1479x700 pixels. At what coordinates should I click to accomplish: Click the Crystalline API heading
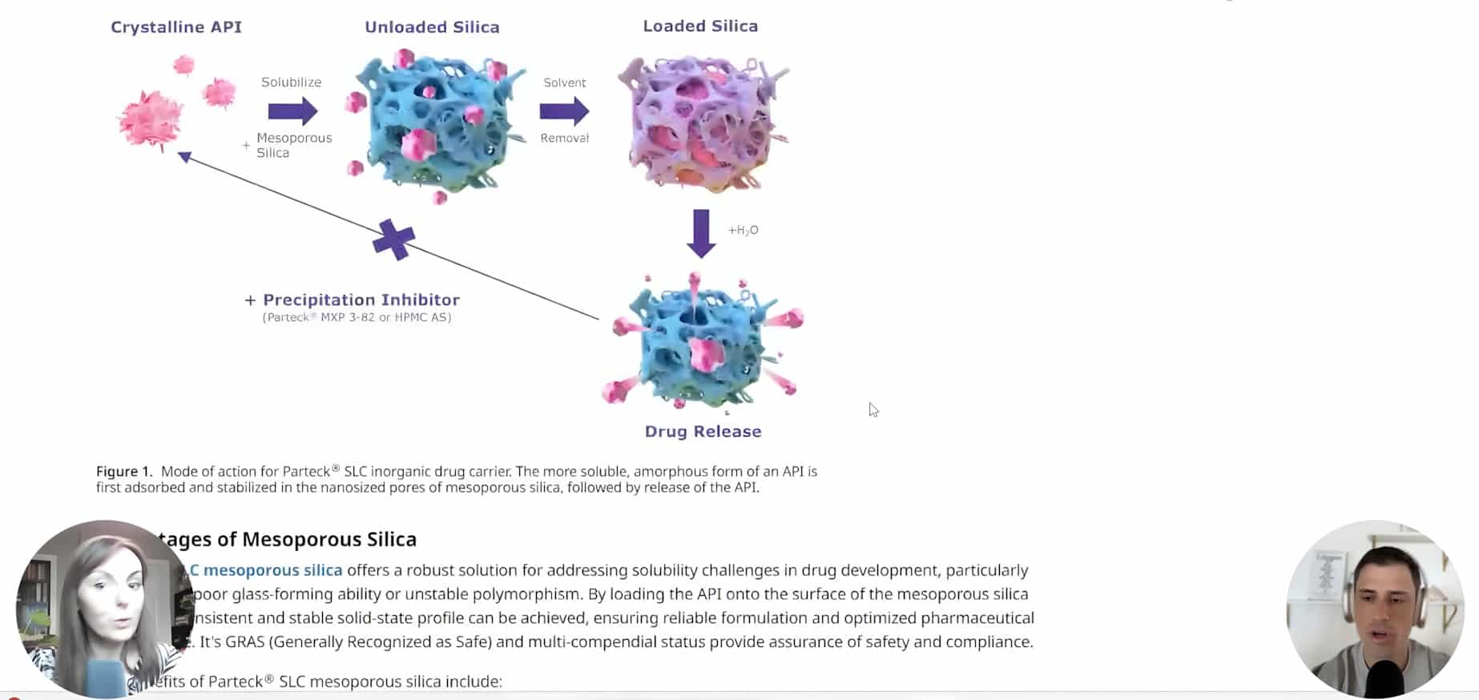176,27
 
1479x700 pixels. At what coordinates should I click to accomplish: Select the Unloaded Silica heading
432,27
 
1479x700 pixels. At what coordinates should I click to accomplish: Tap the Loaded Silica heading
700,26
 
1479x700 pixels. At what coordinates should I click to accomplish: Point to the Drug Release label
703,432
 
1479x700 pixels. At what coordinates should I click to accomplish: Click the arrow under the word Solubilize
292,111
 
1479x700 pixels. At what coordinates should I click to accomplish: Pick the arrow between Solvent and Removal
564,111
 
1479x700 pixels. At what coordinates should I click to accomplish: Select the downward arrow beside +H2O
701,233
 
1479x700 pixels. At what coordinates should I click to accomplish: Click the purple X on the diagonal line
393,239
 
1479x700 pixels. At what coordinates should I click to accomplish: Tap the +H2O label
743,231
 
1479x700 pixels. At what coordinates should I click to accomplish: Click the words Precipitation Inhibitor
361,300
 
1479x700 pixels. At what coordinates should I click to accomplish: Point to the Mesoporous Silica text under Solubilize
293,145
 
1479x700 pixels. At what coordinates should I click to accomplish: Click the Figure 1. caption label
123,472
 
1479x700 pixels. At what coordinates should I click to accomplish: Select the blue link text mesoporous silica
272,570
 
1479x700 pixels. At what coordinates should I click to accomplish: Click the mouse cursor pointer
872,409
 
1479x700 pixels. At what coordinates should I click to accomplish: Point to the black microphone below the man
1384,679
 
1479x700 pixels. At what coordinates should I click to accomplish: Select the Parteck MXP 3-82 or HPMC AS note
357,318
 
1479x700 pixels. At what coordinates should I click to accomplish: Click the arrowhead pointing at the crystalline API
184,156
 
